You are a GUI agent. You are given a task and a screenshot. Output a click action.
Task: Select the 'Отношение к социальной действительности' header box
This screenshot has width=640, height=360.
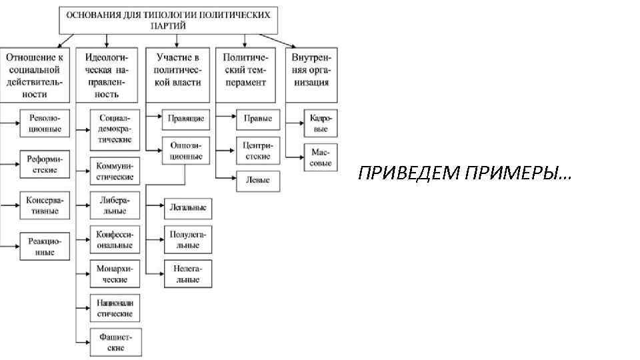(34, 75)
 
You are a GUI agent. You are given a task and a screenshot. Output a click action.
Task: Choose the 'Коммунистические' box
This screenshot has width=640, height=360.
(115, 171)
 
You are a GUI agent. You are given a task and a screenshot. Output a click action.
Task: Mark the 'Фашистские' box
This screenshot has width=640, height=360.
(115, 343)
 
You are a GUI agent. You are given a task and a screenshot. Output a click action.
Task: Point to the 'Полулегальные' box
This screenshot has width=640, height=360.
(188, 239)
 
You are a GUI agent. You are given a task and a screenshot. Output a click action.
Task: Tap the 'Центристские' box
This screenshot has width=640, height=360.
(257, 151)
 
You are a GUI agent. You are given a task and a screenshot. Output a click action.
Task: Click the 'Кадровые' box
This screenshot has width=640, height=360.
(321, 123)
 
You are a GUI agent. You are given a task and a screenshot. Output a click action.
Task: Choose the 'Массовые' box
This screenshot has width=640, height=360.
(321, 157)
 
